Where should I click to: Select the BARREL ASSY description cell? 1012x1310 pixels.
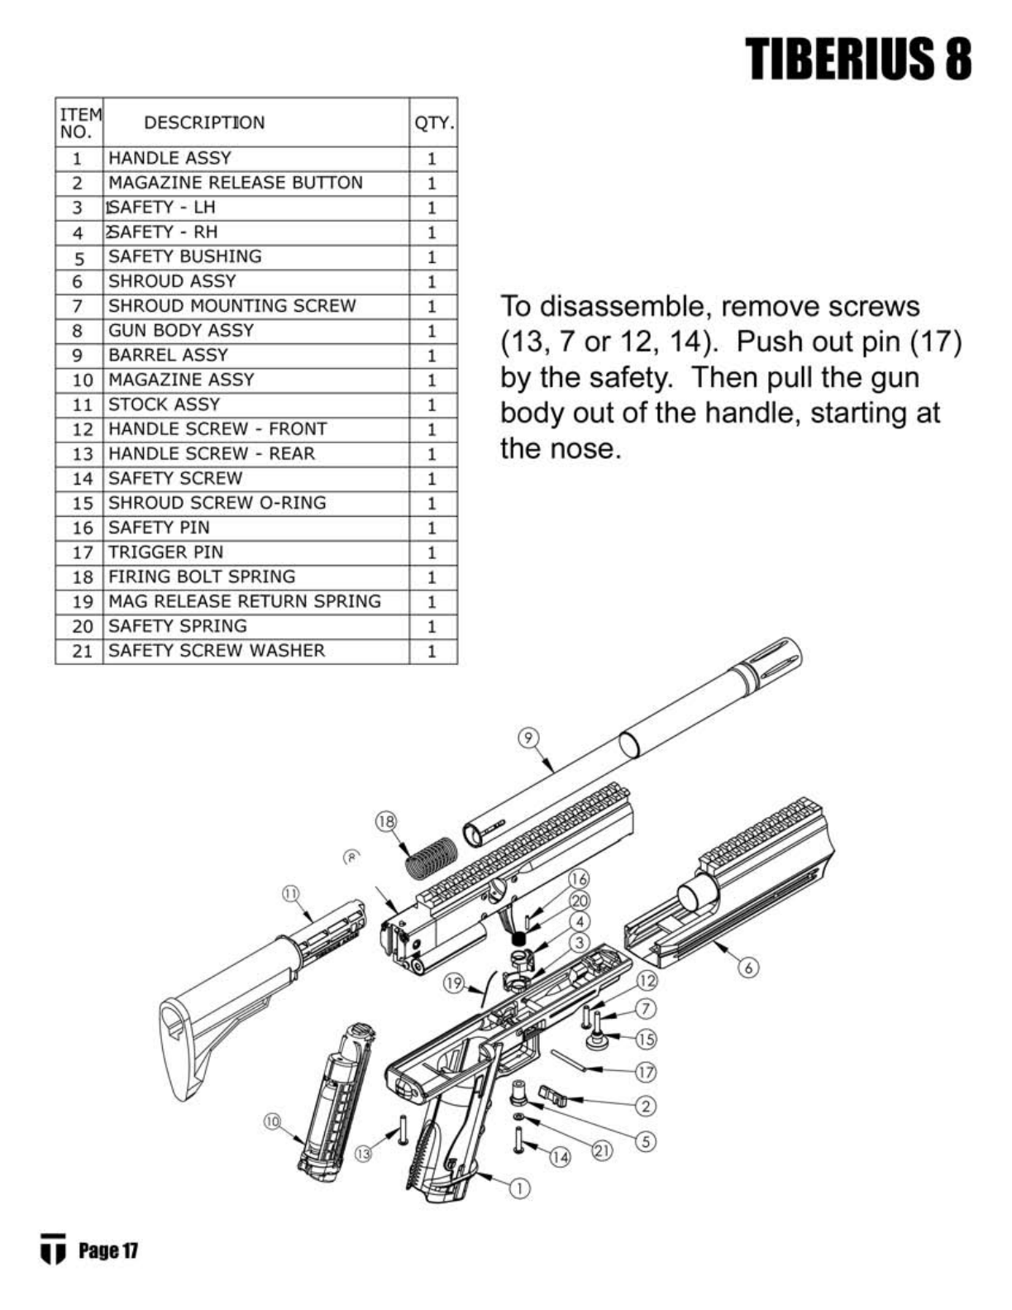168,355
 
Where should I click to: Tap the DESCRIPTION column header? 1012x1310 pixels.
204,122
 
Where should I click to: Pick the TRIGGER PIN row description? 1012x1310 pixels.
165,552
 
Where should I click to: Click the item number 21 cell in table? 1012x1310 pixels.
81,651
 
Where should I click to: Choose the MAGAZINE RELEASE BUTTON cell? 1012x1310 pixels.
235,183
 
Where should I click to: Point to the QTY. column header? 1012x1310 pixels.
433,123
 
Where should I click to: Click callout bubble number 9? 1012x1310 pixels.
527,738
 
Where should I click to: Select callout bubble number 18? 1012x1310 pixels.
386,821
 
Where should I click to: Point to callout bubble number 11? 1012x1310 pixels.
290,893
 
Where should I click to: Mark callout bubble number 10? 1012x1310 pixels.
273,1121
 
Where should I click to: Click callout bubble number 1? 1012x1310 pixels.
518,1188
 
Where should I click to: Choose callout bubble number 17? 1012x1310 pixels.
646,1072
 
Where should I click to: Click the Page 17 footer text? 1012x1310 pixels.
107,1250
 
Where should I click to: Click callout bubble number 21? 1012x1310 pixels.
604,1150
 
